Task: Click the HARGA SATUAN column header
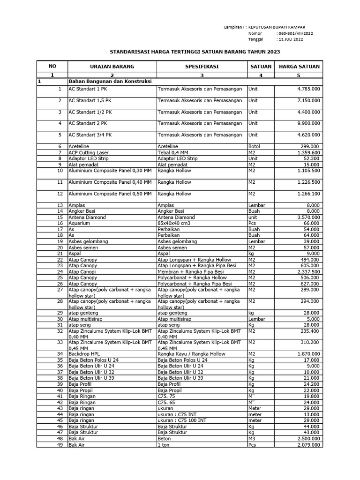[x=299, y=67]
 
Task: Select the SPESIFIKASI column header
[x=202, y=67]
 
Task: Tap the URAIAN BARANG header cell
[x=112, y=67]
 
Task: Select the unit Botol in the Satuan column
[x=255, y=147]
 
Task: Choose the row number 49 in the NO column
[x=60, y=444]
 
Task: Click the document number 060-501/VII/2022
[x=296, y=34]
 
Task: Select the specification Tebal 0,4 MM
[x=173, y=153]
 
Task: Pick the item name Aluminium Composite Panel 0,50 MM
[x=110, y=194]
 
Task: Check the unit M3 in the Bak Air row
[x=252, y=439]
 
